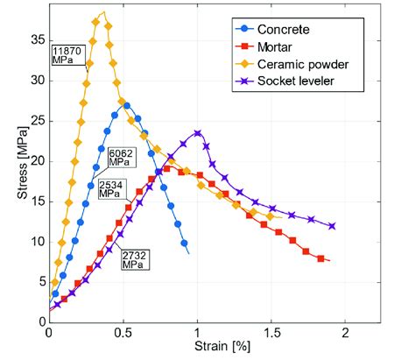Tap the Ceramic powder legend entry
pos(303,65)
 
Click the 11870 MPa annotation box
pos(69,55)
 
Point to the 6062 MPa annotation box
pos(122,158)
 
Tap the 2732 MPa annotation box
pos(136,258)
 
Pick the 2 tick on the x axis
pos(346,333)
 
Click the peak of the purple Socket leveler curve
pos(198,133)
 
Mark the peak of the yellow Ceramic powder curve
pos(103,12)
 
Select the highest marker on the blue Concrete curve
pos(127,106)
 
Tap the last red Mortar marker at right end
pos(321,258)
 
